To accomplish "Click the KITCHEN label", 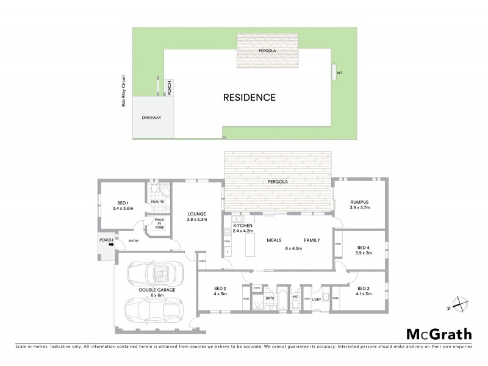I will (242, 226).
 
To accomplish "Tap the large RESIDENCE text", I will (249, 97).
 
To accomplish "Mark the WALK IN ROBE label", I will (159, 223).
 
